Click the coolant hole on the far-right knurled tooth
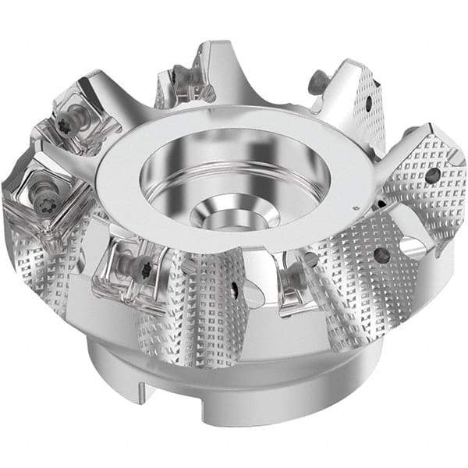[x=431, y=177]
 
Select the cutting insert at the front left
[x=136, y=265]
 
